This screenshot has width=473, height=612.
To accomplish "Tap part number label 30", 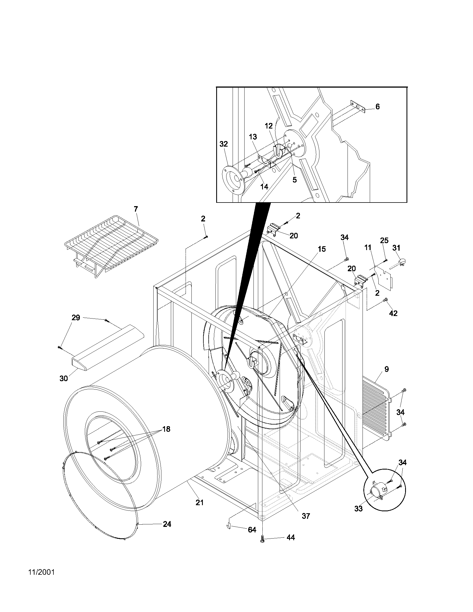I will (64, 378).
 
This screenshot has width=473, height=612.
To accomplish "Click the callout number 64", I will (252, 530).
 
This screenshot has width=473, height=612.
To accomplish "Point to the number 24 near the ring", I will (167, 524).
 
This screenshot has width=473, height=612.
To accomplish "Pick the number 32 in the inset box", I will (223, 144).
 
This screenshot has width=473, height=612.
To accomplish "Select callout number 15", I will (322, 249).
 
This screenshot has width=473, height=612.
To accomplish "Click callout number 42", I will (393, 313).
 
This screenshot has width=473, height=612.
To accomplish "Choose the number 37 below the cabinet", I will (306, 516).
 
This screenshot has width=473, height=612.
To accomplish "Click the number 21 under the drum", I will (199, 502).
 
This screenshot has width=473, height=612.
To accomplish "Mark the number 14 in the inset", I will (264, 187).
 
